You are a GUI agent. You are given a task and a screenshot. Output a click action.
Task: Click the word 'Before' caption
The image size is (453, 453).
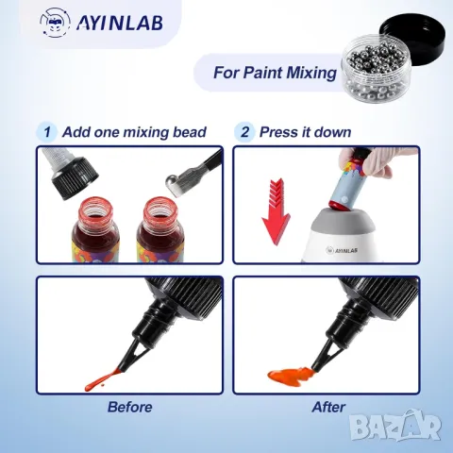[x=129, y=407]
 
